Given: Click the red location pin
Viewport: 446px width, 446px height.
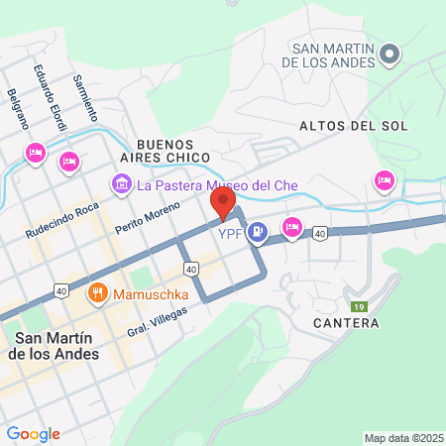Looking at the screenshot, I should pos(222,204).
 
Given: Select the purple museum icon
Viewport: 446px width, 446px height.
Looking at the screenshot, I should pos(122,183).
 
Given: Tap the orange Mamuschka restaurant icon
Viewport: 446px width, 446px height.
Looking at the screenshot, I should pos(97,292).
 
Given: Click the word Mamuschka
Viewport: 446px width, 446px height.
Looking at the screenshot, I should pos(145,293).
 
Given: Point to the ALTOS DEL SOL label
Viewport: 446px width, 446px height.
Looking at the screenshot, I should pos(339,126).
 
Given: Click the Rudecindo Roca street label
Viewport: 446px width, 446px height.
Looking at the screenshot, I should pos(61,223).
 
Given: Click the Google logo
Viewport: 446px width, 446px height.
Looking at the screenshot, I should pos(33,434).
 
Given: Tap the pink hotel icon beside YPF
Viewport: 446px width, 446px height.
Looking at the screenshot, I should pos(292,227).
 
